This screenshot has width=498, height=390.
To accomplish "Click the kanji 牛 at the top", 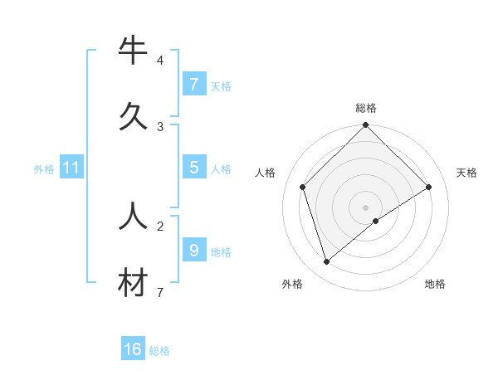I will coord(133,51).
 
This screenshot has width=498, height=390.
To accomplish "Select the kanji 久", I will coord(133,116).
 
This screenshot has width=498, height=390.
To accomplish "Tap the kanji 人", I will coord(133,216).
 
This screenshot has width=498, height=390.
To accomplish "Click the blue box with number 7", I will coord(193,85).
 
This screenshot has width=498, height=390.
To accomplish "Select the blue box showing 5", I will coord(193,168).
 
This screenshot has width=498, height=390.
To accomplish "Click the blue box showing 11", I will coord(71,168).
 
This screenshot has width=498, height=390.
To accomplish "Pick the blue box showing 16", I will coord(133,349).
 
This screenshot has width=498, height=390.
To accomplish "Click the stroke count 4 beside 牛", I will coord(160,61).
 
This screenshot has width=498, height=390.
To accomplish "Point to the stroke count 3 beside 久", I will coord(160,126).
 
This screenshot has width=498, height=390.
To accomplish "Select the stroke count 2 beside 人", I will coord(160,226).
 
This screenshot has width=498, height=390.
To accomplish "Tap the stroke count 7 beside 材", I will coord(160,292).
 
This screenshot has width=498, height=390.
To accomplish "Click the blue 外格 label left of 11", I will coord(44,169).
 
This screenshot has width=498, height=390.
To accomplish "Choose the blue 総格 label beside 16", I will coord(159,351).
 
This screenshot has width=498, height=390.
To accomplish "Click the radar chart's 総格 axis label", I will coord(366,108).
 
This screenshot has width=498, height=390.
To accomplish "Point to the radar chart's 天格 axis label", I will coord(467,173).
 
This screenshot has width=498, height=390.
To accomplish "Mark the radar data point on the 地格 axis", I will coord(376,221).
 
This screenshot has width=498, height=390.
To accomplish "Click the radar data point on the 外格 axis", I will coord(327,262).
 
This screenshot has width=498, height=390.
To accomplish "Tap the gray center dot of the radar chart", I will coord(366,207).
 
